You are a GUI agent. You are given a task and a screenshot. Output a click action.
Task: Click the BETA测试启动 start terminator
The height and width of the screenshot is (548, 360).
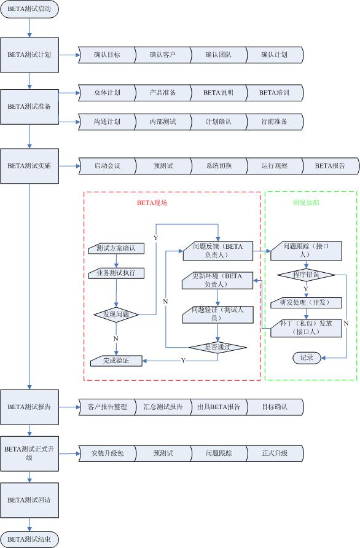point(29,9)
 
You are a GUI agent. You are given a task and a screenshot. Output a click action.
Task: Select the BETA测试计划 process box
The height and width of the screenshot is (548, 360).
point(29,55)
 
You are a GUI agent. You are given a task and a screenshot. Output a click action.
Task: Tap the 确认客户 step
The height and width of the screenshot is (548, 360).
point(163,55)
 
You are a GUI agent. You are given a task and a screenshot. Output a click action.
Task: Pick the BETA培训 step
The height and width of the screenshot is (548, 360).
point(275,93)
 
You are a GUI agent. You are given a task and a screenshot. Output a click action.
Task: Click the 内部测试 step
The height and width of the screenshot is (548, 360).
point(163,122)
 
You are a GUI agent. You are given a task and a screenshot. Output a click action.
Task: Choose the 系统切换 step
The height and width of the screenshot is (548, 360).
point(219,166)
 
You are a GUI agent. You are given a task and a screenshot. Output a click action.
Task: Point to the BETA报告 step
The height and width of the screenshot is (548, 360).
point(330,166)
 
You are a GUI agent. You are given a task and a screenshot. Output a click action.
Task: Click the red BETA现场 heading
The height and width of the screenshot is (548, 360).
point(152,203)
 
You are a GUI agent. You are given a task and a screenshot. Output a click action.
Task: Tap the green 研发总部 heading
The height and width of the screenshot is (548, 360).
point(306,203)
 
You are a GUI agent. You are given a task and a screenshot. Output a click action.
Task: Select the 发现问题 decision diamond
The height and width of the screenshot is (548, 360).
point(116,315)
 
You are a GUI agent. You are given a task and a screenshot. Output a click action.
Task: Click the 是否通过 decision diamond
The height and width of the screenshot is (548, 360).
point(217,347)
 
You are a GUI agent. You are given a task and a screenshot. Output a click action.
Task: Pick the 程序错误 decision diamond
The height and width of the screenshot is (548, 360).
point(306,275)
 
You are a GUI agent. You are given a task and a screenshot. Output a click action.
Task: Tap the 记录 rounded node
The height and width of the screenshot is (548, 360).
point(307,358)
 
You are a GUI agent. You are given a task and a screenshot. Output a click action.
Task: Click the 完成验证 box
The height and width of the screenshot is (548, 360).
point(116,361)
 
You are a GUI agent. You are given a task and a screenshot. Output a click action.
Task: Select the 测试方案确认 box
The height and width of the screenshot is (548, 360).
point(116,248)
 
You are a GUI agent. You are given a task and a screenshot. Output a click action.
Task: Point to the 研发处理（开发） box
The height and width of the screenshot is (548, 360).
point(306,303)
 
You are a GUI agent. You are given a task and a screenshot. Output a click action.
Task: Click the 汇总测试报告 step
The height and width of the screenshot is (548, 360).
point(163,407)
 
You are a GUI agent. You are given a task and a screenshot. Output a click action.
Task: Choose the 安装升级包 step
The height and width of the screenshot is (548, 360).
point(108,453)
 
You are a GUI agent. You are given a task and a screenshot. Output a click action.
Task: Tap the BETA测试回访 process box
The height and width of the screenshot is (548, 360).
point(29,500)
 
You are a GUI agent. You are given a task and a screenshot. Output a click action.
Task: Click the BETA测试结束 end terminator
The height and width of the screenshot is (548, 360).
point(29,539)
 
